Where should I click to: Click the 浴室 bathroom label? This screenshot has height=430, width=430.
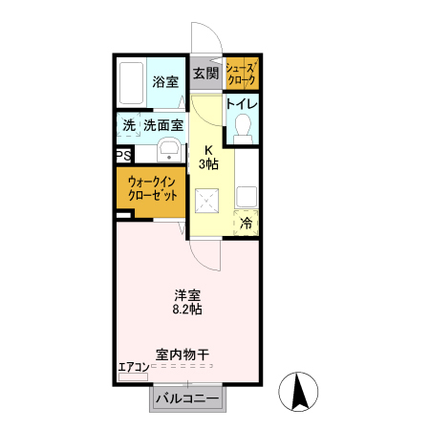tap(165, 81)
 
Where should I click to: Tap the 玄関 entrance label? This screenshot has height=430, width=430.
tap(204, 73)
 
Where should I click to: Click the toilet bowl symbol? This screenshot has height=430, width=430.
tap(243, 127)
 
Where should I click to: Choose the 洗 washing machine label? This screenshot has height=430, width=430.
tap(128, 125)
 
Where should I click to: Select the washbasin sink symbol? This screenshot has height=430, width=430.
tap(170, 150)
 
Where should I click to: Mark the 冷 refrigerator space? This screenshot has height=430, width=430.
tap(247, 224)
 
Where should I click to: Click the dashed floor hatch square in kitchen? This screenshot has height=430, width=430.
tap(207, 202)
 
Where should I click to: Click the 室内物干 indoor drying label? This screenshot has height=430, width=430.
tap(183, 355)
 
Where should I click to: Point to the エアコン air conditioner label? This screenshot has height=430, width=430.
tap(134, 366)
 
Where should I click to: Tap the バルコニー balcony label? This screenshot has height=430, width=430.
tap(187, 398)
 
